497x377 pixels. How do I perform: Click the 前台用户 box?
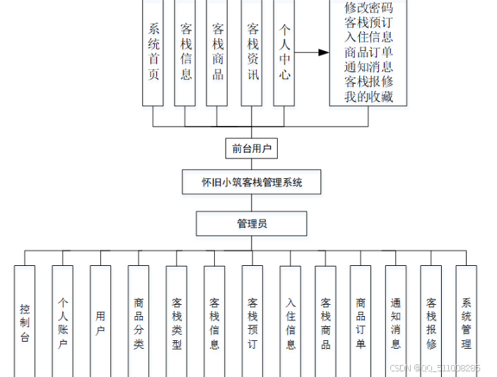pos(251,149)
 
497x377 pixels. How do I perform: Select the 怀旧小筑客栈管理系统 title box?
pos(252,182)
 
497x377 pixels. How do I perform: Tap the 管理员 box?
pos(252,224)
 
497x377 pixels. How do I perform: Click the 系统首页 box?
pos(153,52)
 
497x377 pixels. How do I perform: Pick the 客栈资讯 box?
pos(252,52)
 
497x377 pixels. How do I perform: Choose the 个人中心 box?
pos(284,52)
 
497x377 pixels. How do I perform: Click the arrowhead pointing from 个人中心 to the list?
pos(324,52)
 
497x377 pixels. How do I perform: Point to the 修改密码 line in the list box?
pos(368,8)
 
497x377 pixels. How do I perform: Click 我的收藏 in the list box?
pos(368,97)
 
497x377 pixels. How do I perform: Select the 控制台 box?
pos(25,323)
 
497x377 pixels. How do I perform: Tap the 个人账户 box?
pos(63,323)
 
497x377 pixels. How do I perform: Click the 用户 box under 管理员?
pos(100,323)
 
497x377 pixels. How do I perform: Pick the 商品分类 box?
pos(139,323)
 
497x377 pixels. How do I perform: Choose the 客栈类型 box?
pos(177,323)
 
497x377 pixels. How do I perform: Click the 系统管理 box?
pos(466,323)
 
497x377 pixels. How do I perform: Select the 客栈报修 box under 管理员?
pos(431,323)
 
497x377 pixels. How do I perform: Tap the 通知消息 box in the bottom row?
pos(396,323)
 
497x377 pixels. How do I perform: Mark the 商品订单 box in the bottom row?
pos(361,323)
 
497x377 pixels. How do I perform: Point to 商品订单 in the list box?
pos(368,52)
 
